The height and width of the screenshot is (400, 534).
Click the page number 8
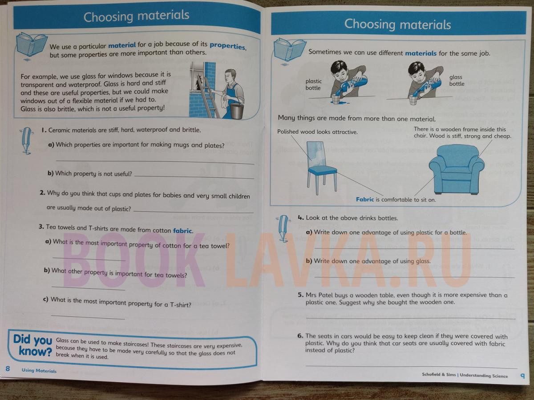8,369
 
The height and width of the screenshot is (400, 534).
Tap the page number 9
522,376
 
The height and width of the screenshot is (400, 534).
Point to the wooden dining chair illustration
322,168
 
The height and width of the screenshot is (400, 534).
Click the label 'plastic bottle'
313,84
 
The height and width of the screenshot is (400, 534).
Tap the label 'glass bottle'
457,80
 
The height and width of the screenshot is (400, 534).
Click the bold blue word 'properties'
228,46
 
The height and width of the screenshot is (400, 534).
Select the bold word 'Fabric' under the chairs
364,200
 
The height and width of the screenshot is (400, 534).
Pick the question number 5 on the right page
300,295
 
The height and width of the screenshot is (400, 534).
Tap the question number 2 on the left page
42,192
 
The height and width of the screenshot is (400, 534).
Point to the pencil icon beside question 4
283,228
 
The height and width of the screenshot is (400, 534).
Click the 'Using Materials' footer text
39,370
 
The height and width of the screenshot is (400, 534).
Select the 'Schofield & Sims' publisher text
439,375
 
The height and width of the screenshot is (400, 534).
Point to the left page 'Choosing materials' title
137,16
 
